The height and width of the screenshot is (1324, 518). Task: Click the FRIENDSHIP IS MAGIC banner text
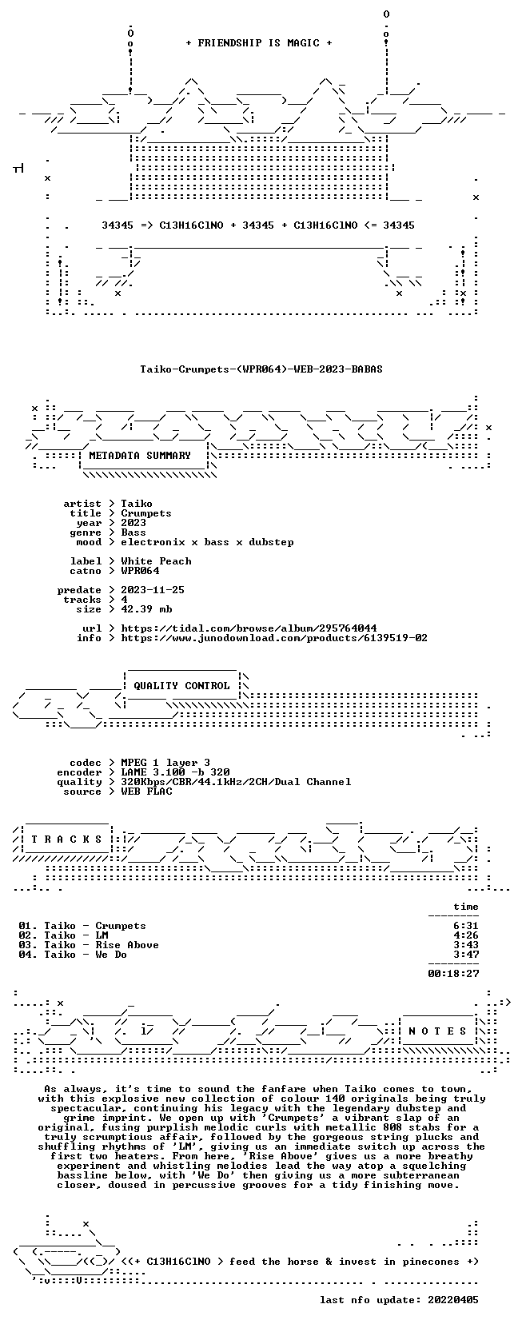point(259,43)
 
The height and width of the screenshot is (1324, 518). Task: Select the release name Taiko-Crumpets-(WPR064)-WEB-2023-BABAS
point(261,369)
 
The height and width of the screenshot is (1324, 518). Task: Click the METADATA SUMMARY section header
point(140,456)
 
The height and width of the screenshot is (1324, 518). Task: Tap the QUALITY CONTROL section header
point(181,686)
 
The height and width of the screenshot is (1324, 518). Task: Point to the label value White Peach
point(156,561)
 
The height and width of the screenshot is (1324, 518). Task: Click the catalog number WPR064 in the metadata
point(140,570)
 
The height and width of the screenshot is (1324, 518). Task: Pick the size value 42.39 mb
point(146,608)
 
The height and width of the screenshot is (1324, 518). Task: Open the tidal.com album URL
point(249,628)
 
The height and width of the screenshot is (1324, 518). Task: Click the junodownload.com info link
point(274,638)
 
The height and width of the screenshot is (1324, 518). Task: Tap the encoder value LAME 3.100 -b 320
point(175,772)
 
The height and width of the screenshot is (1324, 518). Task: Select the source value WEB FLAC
point(146,792)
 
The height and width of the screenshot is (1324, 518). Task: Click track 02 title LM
point(102,935)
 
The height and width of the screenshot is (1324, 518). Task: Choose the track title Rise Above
point(127,944)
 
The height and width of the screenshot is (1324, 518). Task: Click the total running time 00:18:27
point(453,974)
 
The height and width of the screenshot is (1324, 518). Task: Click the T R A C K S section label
point(66,839)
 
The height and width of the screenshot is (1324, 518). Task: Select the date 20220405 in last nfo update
point(453,1300)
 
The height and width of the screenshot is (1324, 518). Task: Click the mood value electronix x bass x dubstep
point(207,542)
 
